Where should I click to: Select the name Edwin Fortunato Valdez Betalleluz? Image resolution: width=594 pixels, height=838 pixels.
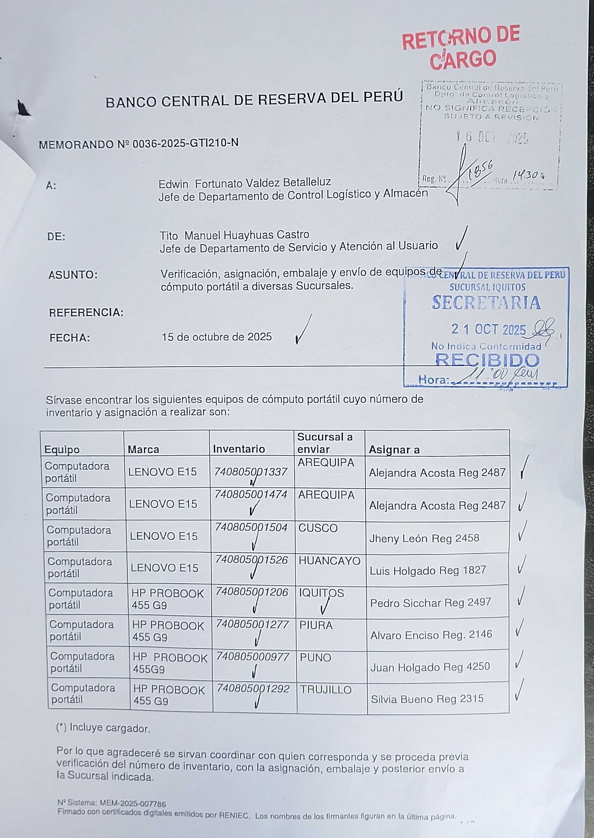(x=245, y=182)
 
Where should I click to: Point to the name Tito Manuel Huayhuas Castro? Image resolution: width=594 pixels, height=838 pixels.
(x=234, y=235)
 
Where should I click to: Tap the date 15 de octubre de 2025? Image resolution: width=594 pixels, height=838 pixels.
(x=216, y=336)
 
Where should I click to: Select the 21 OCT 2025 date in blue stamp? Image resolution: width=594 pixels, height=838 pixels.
(x=488, y=330)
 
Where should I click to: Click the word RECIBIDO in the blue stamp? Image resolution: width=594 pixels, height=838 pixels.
(x=487, y=360)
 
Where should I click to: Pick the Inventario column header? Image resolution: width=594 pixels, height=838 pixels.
(x=239, y=449)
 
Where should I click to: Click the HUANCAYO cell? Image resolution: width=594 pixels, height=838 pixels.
(x=329, y=561)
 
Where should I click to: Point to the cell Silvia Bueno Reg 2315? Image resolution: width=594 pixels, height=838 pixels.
(x=427, y=699)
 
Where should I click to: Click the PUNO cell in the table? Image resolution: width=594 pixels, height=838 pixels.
(x=315, y=658)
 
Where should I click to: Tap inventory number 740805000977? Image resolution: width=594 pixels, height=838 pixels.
(x=252, y=656)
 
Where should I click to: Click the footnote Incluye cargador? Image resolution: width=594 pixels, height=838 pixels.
(x=103, y=728)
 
